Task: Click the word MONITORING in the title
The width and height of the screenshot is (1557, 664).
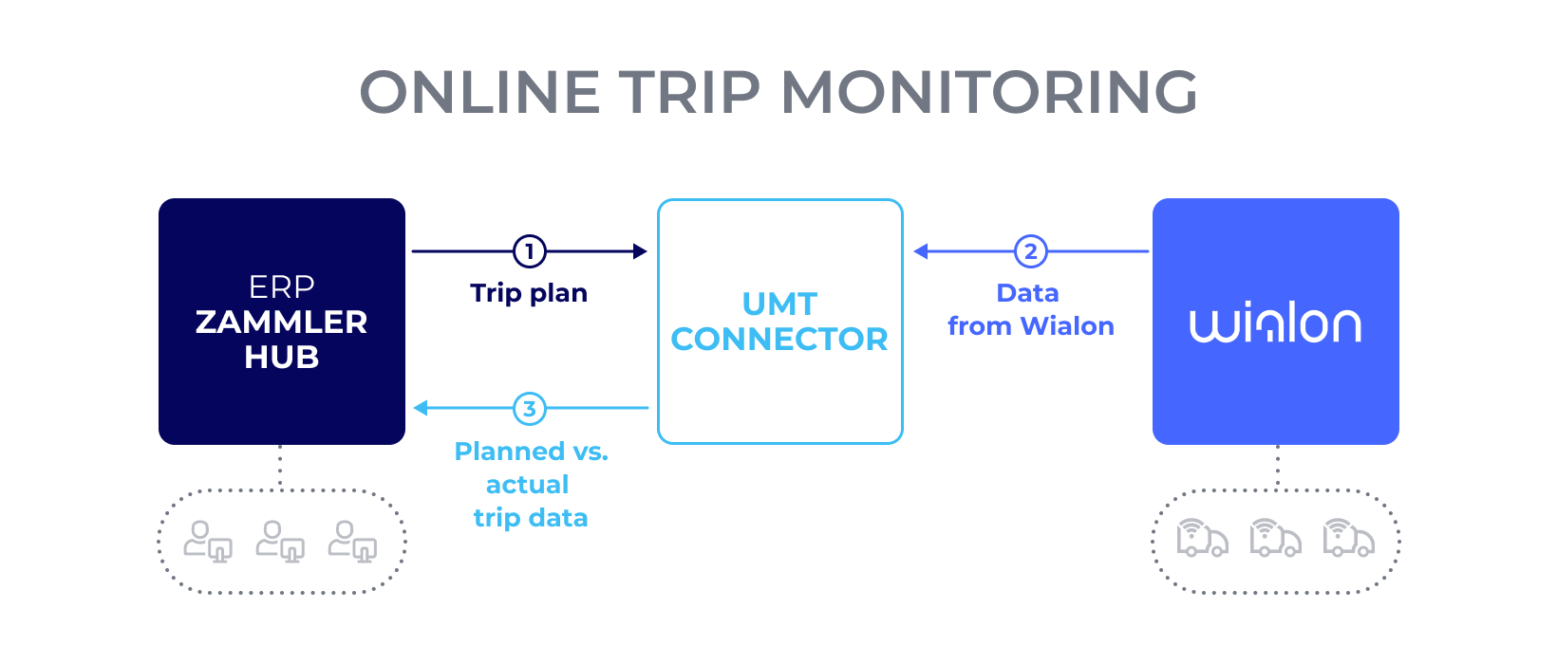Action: (989, 93)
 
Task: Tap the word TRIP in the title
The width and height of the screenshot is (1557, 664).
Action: (690, 93)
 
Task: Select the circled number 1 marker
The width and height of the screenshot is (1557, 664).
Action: (529, 251)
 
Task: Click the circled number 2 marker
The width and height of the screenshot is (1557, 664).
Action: (1030, 251)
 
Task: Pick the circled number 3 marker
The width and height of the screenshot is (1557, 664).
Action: (529, 409)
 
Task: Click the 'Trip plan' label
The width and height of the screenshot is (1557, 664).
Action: (529, 293)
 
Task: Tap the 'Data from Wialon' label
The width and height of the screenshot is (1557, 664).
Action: (1030, 309)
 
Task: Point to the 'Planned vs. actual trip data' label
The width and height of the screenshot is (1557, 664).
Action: (531, 485)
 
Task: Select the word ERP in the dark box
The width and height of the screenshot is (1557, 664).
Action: (281, 286)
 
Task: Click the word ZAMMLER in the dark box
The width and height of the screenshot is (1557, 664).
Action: (281, 323)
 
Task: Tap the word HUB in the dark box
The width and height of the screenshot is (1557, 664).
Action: (281, 358)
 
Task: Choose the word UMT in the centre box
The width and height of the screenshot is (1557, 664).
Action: (779, 304)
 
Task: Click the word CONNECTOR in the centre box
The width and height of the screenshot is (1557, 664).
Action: (779, 340)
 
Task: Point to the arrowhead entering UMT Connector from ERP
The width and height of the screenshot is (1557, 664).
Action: (641, 251)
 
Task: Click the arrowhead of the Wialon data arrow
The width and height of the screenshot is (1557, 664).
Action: (920, 251)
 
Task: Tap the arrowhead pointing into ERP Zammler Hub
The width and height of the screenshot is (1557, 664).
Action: (421, 409)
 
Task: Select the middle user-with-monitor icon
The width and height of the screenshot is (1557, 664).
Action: (280, 542)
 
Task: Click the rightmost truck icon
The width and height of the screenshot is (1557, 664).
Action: (1348, 538)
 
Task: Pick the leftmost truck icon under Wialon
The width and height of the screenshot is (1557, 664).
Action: (1202, 538)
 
